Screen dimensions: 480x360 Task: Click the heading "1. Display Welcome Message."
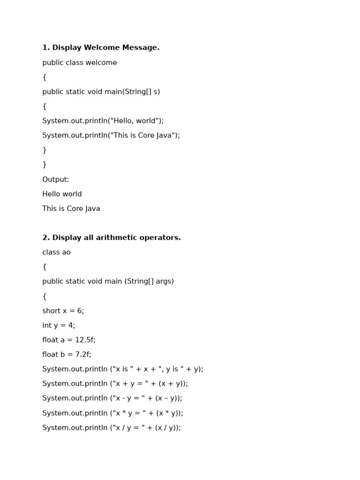101,48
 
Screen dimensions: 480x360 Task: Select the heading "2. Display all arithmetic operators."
112,238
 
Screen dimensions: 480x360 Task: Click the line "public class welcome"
80,63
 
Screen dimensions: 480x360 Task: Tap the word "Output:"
56,180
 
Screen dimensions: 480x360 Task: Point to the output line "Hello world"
62,194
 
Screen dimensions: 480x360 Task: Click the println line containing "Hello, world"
103,121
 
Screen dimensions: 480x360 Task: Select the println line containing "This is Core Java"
111,135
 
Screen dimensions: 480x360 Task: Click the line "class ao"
56,252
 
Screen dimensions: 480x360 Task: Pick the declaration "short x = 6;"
63,311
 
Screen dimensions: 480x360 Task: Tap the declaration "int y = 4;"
59,325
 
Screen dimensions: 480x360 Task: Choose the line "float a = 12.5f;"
69,340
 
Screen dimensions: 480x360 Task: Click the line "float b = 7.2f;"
67,354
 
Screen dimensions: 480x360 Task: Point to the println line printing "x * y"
112,413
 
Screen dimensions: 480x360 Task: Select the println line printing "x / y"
112,427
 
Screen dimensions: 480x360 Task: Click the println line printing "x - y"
112,398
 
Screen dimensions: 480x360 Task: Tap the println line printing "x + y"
115,383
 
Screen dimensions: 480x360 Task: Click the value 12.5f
85,340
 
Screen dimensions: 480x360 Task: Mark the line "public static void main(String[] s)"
101,92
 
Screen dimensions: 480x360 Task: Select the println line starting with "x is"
123,369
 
